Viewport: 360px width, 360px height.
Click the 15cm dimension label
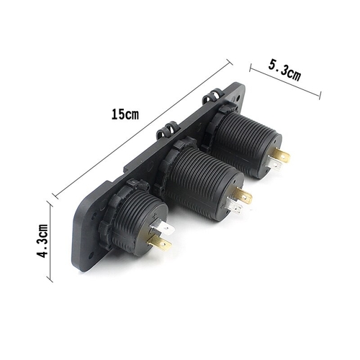(x=125, y=114)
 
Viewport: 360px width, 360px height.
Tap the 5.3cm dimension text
(x=284, y=71)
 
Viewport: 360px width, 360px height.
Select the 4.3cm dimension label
(x=43, y=240)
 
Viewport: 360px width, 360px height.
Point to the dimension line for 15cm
(x=143, y=129)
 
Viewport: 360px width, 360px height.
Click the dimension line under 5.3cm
(x=285, y=81)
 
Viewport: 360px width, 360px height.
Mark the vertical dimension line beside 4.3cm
(x=50, y=242)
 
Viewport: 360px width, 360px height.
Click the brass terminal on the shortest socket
(x=159, y=243)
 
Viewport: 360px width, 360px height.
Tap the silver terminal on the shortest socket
(x=161, y=228)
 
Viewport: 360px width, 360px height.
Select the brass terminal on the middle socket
(x=243, y=194)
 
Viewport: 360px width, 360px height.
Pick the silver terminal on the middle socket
(x=234, y=206)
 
